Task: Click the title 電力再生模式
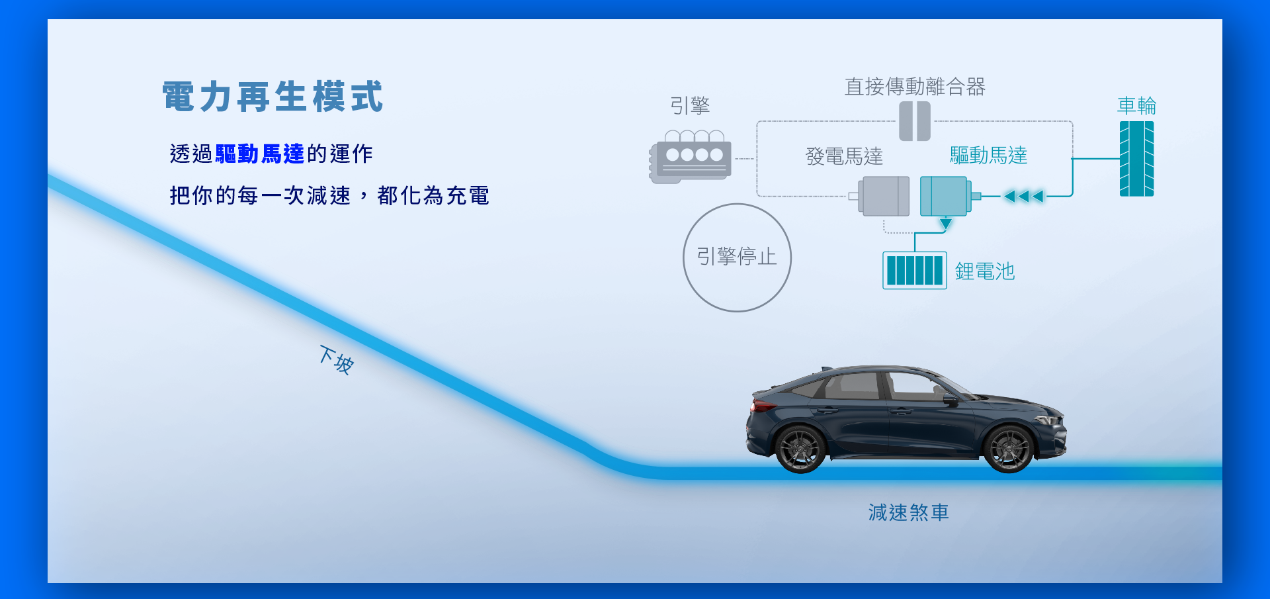tap(273, 97)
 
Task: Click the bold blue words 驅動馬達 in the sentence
tap(260, 154)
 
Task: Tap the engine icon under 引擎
tap(690, 157)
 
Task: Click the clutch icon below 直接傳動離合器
tap(915, 121)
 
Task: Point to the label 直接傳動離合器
tap(915, 87)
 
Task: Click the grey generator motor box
tap(883, 196)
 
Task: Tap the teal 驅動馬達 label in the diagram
tap(988, 156)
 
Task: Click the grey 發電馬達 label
tap(844, 157)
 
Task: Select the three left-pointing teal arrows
tap(1023, 196)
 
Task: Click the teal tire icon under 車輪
tap(1136, 159)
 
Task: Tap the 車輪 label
tap(1136, 105)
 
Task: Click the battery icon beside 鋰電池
tap(915, 270)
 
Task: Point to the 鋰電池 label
tap(984, 271)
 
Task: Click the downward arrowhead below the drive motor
tap(946, 224)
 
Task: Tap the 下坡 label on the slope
tap(337, 360)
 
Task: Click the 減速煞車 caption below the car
tap(908, 513)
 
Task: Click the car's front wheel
tap(1009, 449)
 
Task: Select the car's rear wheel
tap(800, 449)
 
